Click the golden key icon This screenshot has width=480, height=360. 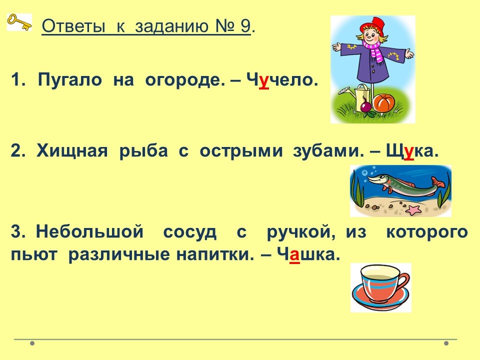(x=19, y=22)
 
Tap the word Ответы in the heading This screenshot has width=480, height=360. (x=73, y=26)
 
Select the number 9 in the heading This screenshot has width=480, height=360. (x=245, y=26)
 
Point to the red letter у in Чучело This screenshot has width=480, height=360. (x=264, y=81)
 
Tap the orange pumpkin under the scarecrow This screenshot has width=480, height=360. (x=383, y=103)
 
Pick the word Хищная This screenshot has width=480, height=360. (x=72, y=151)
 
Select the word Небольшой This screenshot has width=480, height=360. (x=89, y=231)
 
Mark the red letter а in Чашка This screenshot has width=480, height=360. (x=294, y=254)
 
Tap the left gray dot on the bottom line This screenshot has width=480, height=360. (x=32, y=343)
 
